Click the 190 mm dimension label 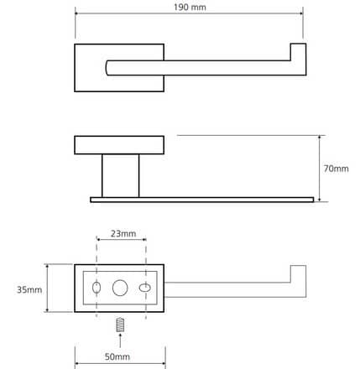click(x=190, y=7)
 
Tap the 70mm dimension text click(x=336, y=169)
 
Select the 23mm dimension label click(x=123, y=234)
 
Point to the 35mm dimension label click(x=29, y=290)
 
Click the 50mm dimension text click(x=117, y=356)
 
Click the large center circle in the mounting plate click(x=120, y=288)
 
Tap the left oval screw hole click(x=97, y=288)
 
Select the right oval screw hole click(x=145, y=288)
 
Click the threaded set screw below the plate click(x=120, y=325)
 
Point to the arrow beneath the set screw click(x=120, y=340)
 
